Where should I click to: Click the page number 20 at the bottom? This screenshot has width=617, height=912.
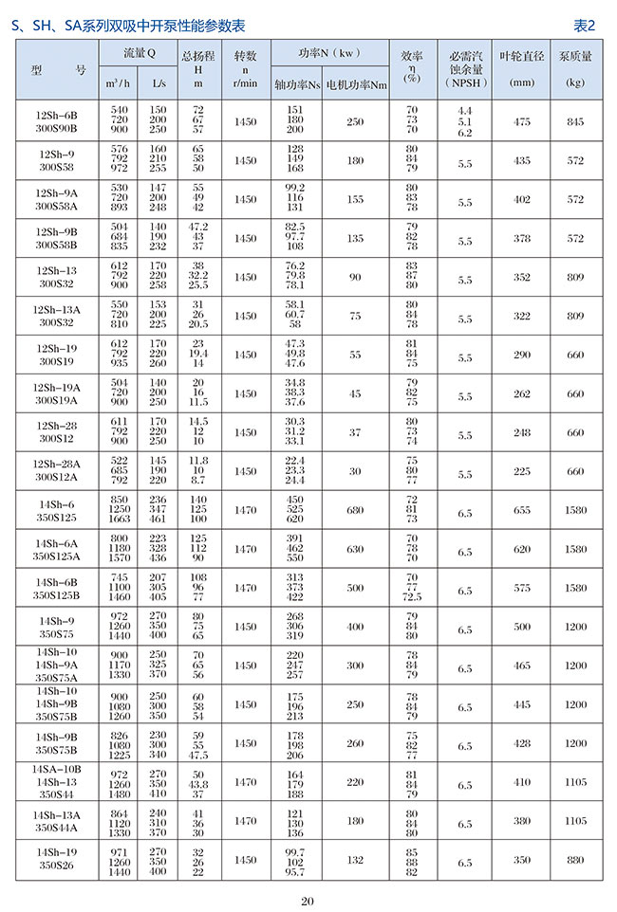pos(307,900)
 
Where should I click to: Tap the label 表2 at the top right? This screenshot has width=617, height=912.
pos(585,25)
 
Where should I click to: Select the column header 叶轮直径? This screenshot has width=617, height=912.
pos(522,57)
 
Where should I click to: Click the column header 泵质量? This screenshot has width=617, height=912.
pos(575,57)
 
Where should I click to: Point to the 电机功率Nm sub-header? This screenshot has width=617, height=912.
pos(356,84)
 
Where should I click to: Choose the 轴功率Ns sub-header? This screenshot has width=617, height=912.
pos(295,84)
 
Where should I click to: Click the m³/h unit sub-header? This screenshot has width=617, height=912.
pos(120,84)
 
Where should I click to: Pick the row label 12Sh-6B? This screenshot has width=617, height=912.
pos(56,116)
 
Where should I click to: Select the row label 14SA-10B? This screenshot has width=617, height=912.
pos(56,769)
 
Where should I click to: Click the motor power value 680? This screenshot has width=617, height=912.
pos(355,510)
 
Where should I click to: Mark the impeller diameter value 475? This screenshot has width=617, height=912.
pos(522,122)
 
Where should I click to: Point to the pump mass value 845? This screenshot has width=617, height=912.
pos(575,122)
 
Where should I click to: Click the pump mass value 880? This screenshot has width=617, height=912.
pos(575,860)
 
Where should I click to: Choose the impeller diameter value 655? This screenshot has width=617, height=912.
pos(522,510)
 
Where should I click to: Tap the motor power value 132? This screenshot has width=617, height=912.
pos(355,860)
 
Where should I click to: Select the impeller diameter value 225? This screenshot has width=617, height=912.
pos(522,471)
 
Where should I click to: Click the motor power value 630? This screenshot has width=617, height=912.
pos(355,549)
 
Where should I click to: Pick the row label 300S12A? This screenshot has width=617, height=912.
pos(56,477)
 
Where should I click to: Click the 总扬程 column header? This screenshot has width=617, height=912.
pos(197,57)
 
